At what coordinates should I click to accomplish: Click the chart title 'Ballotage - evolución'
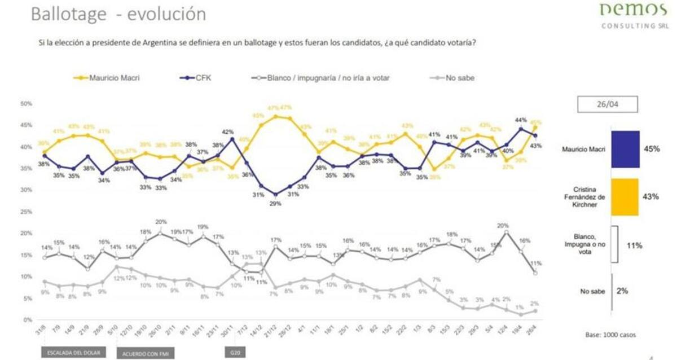coord(118,14)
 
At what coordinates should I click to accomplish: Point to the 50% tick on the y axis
coord(27,104)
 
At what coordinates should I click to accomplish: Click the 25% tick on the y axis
coord(27,212)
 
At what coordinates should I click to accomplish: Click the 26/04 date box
coord(607,104)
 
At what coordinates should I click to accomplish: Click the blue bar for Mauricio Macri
coord(625,150)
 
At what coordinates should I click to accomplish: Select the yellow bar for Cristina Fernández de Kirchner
coord(625,197)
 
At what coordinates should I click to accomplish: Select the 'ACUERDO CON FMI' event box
coord(146,354)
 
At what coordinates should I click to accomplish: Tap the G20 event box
coord(232,354)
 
